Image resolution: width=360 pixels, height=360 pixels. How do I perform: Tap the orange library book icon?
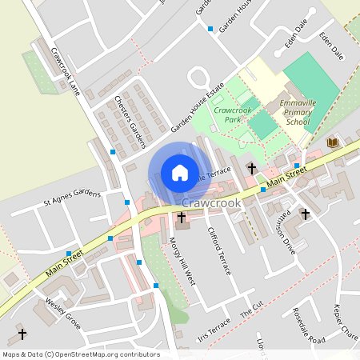tap(333, 142)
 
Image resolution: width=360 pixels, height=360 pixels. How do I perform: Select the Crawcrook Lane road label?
tap(65, 69)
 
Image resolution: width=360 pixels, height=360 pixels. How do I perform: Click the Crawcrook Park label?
tap(234, 114)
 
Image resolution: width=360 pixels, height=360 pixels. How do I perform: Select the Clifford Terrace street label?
tap(218, 251)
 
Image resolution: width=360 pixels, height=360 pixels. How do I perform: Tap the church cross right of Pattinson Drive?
tap(305, 214)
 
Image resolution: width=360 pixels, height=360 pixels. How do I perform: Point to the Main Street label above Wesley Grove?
tap(64, 264)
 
